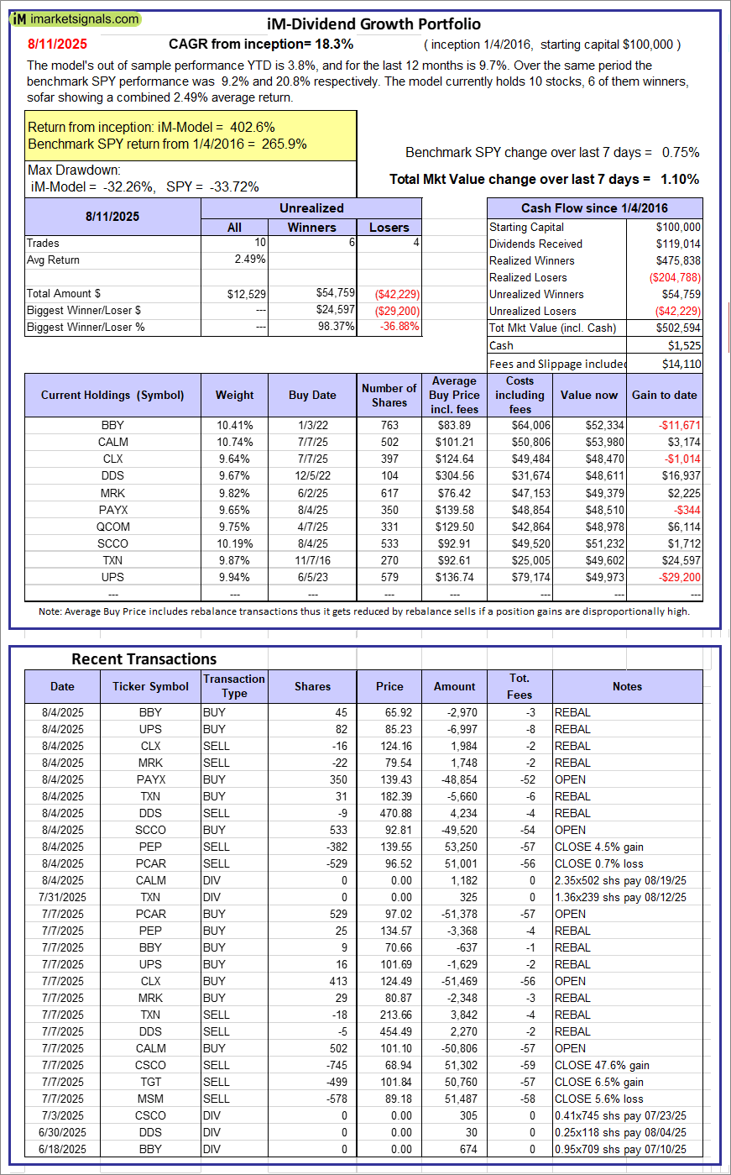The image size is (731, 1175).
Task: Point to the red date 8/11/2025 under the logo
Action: pyautogui.click(x=56, y=44)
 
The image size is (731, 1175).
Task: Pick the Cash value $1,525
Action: pyautogui.click(x=683, y=345)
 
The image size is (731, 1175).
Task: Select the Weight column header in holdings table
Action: pyautogui.click(x=234, y=395)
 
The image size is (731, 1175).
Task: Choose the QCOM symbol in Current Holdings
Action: pyautogui.click(x=112, y=527)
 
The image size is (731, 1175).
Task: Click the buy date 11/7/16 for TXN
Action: pyautogui.click(x=311, y=560)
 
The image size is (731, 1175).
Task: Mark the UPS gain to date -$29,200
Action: pyautogui.click(x=679, y=577)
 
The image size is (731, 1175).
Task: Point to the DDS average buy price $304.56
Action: pyautogui.click(x=456, y=475)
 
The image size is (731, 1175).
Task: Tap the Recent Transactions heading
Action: pyautogui.click(x=144, y=658)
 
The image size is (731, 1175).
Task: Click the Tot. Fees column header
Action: pyautogui.click(x=519, y=686)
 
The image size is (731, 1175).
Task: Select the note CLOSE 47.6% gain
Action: pyautogui.click(x=602, y=1065)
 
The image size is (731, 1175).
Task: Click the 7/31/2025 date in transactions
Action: pyautogui.click(x=63, y=897)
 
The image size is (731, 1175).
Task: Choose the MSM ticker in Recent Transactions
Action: pyautogui.click(x=150, y=1099)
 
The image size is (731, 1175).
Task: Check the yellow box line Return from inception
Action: pyautogui.click(x=151, y=127)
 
